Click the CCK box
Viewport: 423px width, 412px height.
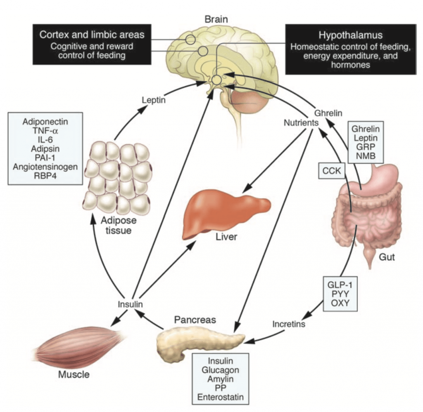coord(331,171)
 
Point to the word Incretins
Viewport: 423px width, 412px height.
coord(289,324)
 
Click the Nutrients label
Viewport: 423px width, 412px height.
coord(301,122)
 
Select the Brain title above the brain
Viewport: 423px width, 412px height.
coord(216,19)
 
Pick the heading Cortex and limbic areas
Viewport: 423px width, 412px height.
coord(92,34)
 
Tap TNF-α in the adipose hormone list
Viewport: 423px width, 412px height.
coord(46,131)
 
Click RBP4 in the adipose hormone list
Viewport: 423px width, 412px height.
coord(46,176)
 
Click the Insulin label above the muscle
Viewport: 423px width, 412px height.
coord(130,304)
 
